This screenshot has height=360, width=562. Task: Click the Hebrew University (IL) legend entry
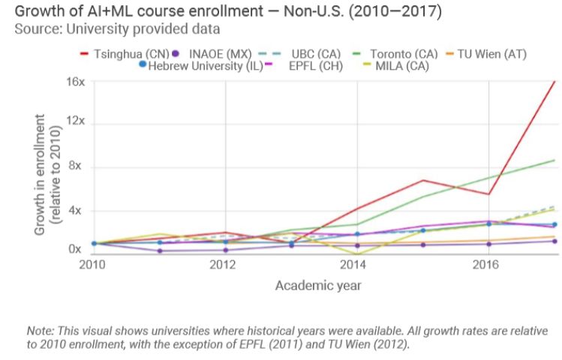[198, 66]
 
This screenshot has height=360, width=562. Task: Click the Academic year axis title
[318, 286]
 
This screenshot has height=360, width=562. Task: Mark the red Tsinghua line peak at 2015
[423, 180]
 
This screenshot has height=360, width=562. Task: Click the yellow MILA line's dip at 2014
[357, 253]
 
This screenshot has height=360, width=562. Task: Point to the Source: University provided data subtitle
[117, 29]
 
